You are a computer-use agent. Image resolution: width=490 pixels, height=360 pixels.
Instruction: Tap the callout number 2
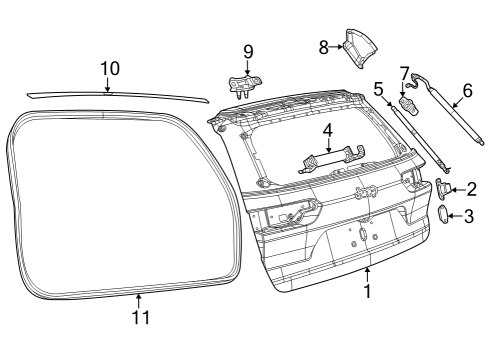pos(472,188)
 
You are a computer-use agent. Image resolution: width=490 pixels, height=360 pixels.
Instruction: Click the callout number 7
pos(404,72)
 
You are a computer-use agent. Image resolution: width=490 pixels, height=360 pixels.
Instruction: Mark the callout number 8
pos(323,45)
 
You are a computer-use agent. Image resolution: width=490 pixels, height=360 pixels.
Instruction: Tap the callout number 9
pos(247,51)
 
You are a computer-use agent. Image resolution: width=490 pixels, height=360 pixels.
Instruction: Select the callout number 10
pos(109,68)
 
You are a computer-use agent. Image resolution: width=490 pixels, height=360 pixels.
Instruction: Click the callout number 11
pos(140,317)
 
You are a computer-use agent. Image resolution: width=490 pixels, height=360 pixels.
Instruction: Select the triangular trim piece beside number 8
pos(360,46)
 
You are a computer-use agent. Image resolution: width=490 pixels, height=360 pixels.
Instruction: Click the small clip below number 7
pos(408,104)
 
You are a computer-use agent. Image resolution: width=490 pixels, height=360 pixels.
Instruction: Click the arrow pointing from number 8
pos(337,45)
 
